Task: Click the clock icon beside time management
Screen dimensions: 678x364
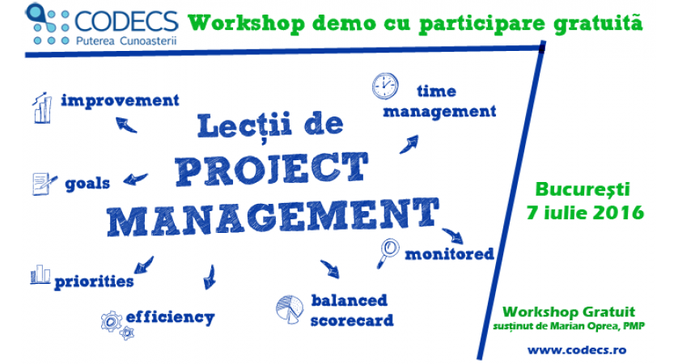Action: [385, 86]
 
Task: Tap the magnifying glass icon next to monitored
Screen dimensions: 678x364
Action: [388, 253]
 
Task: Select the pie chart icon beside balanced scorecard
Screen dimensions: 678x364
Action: [290, 309]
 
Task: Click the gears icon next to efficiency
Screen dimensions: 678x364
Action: [117, 325]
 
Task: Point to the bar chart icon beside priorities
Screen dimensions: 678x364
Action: [40, 274]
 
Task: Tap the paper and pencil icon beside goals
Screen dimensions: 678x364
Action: [44, 184]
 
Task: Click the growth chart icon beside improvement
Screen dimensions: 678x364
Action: [42, 108]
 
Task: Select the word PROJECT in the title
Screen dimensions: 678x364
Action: [272, 170]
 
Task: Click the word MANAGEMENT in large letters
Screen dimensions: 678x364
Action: [273, 218]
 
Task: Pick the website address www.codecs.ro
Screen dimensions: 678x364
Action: [577, 349]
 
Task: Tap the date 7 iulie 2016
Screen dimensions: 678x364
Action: [585, 213]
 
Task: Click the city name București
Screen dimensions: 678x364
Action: [583, 190]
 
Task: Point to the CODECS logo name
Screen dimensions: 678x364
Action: [126, 21]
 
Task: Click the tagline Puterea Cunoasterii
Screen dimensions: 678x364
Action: [126, 40]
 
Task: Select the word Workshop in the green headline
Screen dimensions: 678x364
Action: [247, 23]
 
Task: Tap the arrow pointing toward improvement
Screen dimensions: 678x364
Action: [126, 125]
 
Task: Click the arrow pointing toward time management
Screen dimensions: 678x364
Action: [409, 145]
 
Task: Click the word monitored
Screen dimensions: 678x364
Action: [449, 254]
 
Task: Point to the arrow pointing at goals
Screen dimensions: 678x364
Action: [135, 179]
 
